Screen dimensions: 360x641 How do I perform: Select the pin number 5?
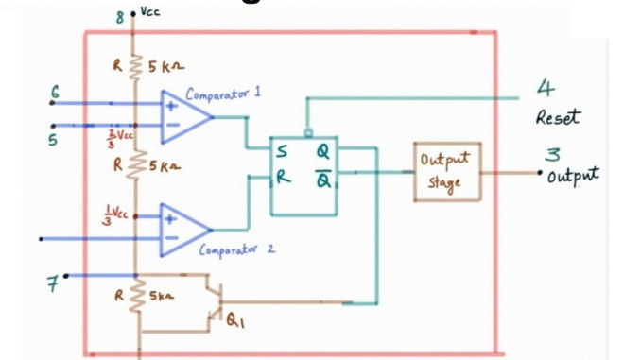click(54, 140)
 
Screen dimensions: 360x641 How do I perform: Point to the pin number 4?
click(546, 90)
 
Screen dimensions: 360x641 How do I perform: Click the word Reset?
click(558, 118)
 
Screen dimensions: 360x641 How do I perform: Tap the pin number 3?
click(554, 154)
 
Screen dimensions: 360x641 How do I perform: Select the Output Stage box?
click(446, 172)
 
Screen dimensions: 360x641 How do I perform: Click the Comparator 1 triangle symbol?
click(184, 118)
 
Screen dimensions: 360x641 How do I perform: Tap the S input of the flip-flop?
click(283, 149)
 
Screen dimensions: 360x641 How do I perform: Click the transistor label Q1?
click(235, 320)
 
